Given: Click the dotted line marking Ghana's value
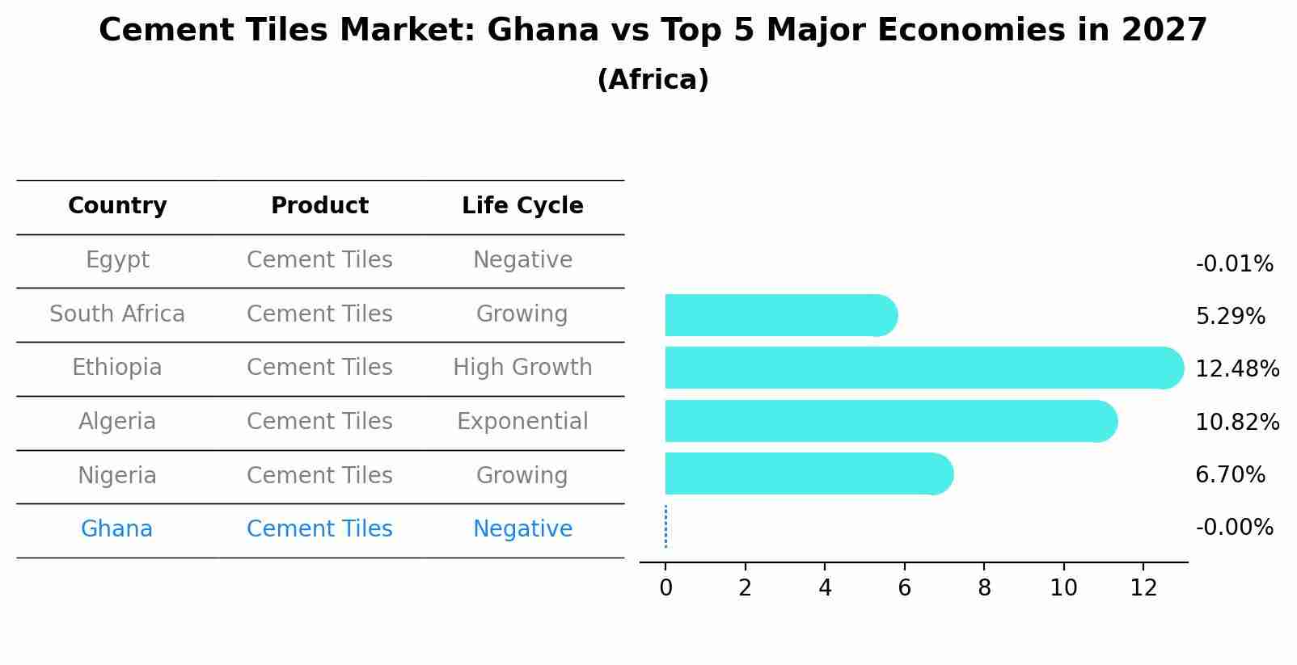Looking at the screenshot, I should [665, 527].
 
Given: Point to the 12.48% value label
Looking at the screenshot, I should [1236, 369].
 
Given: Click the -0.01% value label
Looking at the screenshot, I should [1234, 264].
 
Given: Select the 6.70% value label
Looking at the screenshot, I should [1230, 475].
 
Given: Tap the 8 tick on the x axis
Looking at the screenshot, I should [984, 588].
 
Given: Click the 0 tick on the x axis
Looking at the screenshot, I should [665, 588].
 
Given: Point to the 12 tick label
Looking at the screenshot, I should [1143, 588].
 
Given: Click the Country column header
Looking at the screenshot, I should [117, 206].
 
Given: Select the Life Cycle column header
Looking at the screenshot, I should [522, 206].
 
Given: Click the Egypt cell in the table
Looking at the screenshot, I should [117, 260].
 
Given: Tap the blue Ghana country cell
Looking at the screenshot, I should [116, 529].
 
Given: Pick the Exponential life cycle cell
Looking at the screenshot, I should [522, 422].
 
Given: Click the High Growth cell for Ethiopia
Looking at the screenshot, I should [522, 368].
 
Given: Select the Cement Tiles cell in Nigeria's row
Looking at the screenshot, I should [319, 475].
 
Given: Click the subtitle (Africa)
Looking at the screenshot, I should [653, 80].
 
